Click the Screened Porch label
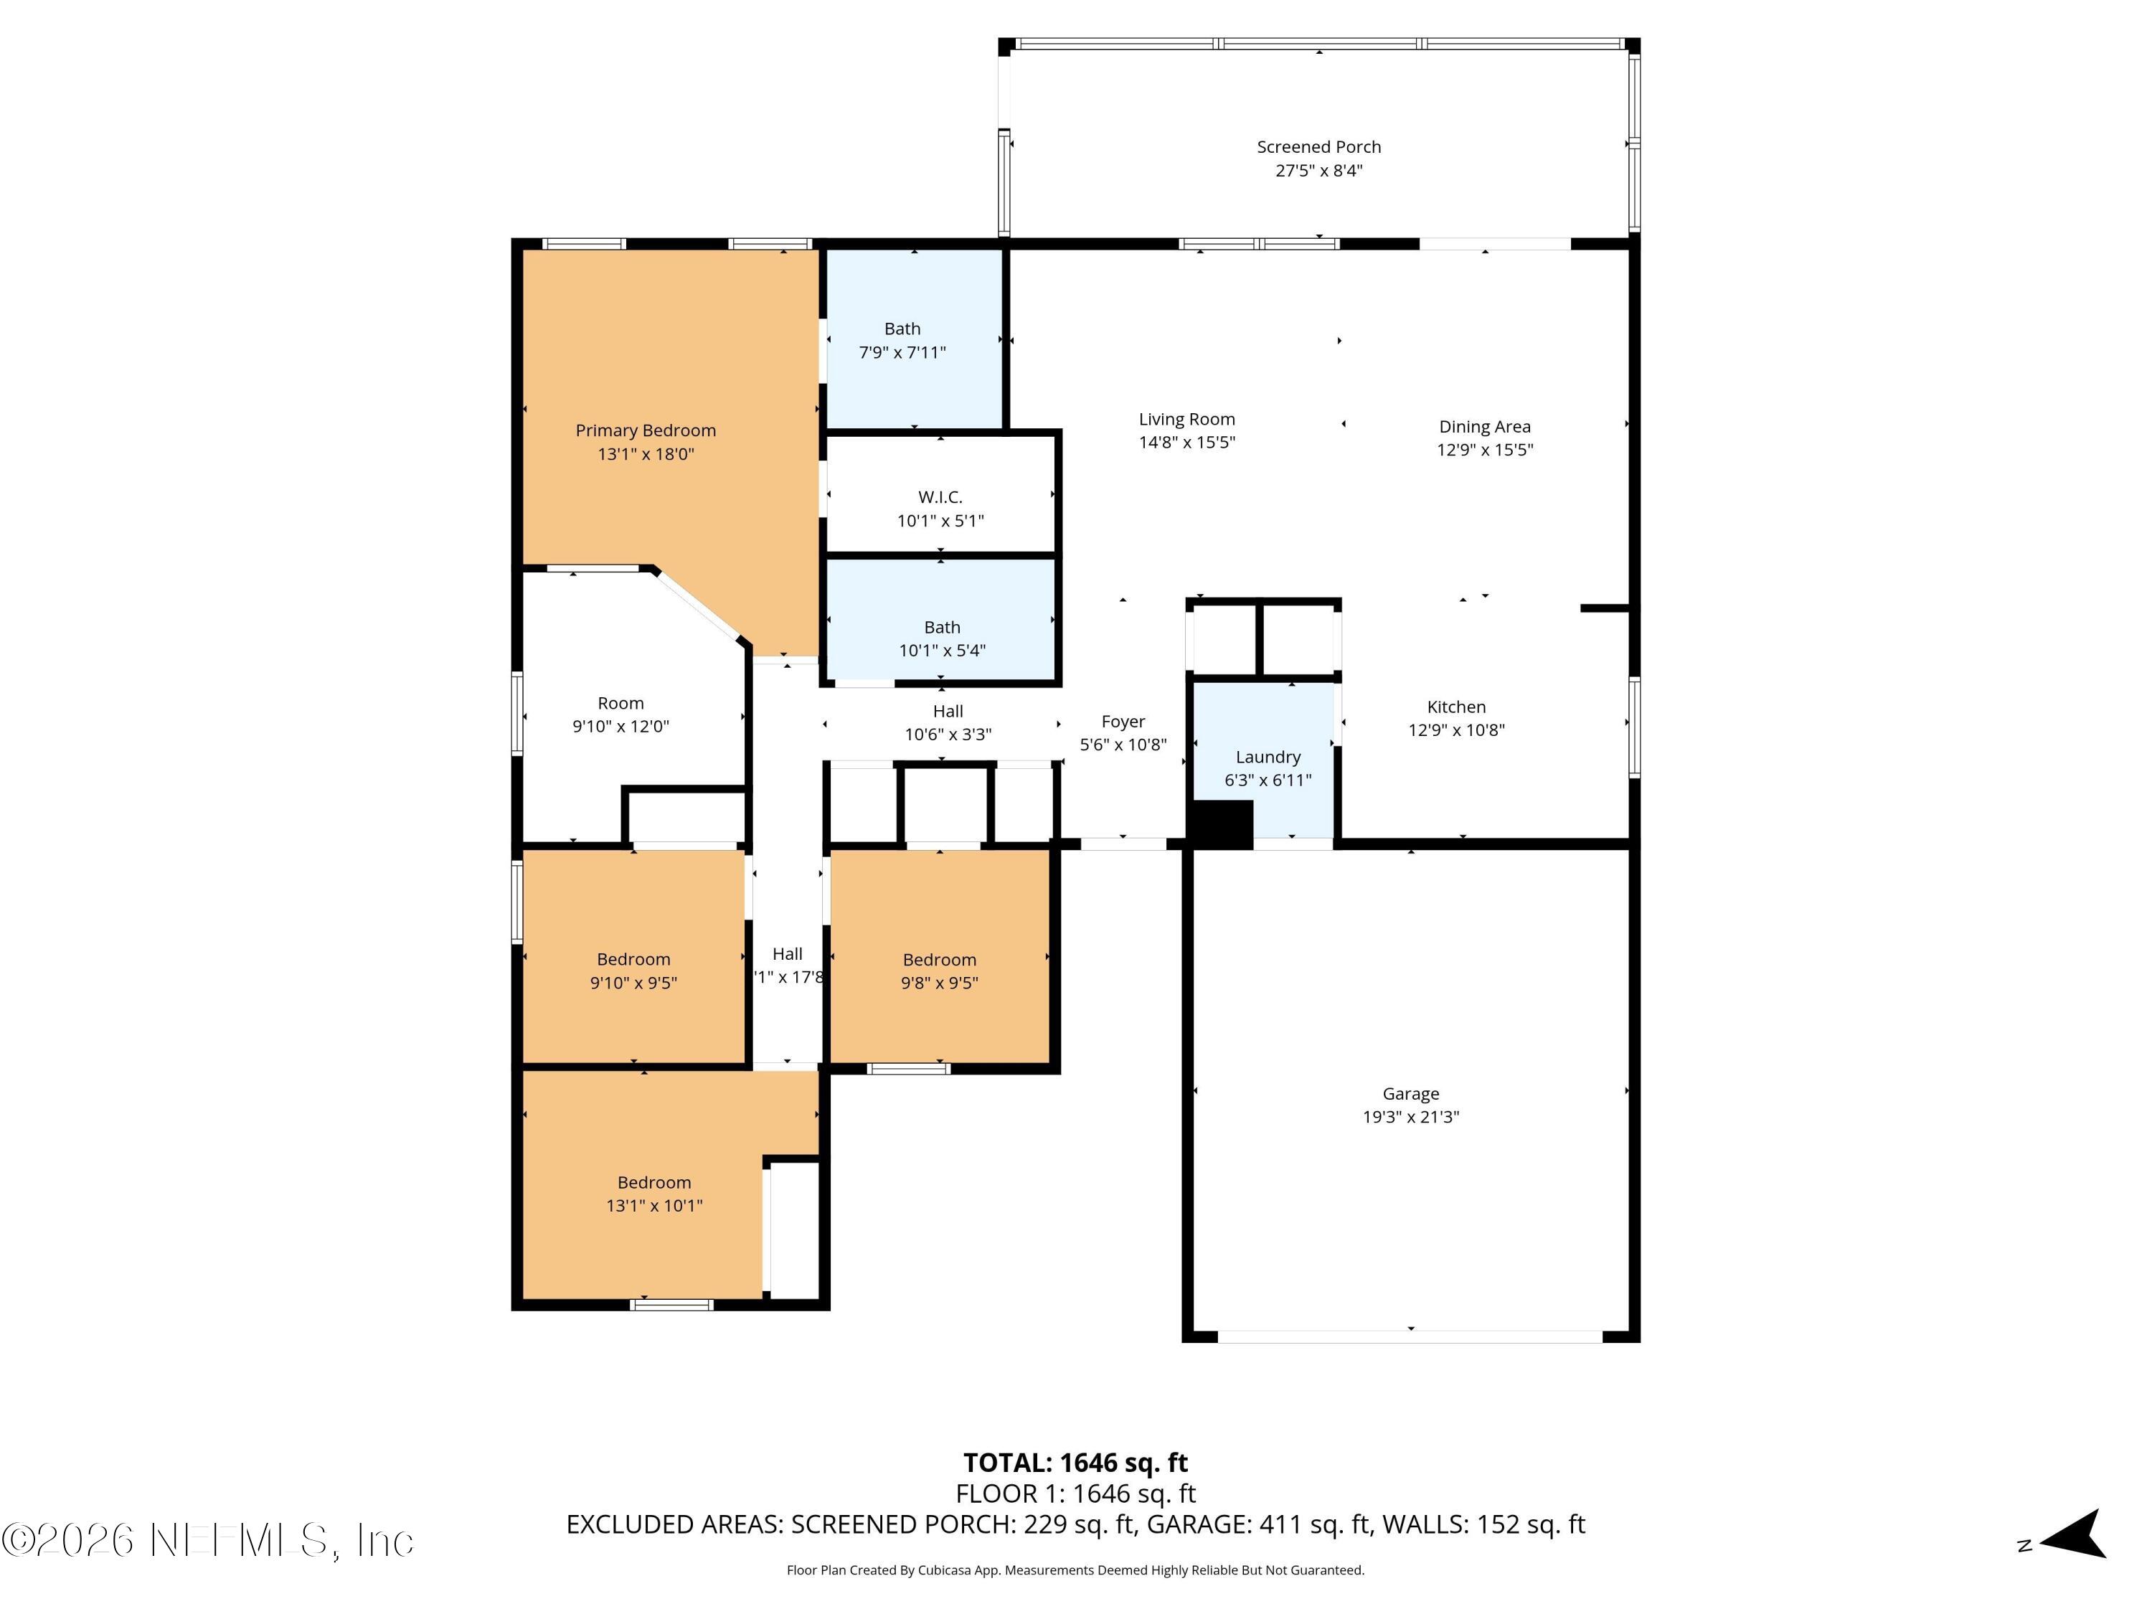pyautogui.click(x=1318, y=147)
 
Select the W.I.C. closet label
pyautogui.click(x=940, y=497)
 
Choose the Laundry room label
pyautogui.click(x=1268, y=757)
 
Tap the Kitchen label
pyautogui.click(x=1455, y=707)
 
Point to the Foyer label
pyautogui.click(x=1123, y=722)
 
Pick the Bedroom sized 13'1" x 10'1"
pyautogui.click(x=653, y=1194)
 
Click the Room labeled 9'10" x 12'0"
pyautogui.click(x=620, y=714)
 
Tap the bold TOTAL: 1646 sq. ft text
pyautogui.click(x=1075, y=1462)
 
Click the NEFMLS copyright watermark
pyautogui.click(x=207, y=1540)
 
